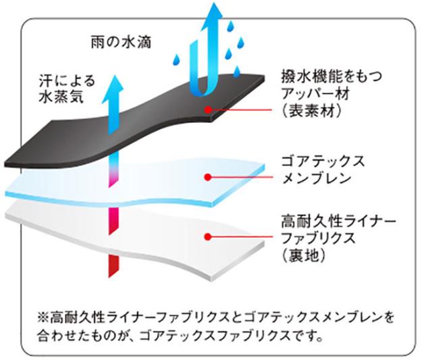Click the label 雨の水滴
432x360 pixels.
pos(122,43)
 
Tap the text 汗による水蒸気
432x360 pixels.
pos(67,88)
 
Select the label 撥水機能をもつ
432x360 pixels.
pos(331,76)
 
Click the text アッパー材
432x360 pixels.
pos(315,94)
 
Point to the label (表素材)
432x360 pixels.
pos(312,111)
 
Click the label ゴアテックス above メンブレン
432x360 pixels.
pos(323,161)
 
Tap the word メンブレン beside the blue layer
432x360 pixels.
pos(317,178)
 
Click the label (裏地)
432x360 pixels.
pos(304,256)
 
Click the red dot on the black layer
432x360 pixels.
pos(208,109)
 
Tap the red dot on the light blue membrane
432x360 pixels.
pos(208,177)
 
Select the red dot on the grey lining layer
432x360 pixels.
pos(208,236)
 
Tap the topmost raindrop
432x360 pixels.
pos(230,26)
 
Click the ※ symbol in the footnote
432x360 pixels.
pos(43,317)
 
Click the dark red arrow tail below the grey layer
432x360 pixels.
pos(113,266)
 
